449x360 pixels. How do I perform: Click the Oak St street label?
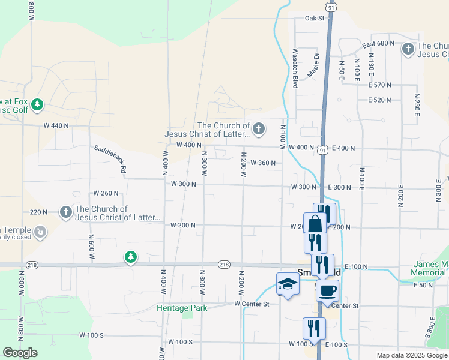314,18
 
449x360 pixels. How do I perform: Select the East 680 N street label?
378,45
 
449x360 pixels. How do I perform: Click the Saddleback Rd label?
109,159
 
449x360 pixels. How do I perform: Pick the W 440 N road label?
56,125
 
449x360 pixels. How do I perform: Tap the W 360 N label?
263,163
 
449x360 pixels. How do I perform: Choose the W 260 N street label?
106,193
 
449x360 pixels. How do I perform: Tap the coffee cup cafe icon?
327,291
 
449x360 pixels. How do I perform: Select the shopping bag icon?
315,224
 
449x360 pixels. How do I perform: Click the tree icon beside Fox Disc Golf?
37,106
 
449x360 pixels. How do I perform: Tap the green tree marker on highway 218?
130,257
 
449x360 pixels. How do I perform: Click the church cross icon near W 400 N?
258,128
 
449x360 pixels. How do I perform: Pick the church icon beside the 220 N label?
65,212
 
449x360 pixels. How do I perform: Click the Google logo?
20,353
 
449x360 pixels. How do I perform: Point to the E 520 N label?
379,100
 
